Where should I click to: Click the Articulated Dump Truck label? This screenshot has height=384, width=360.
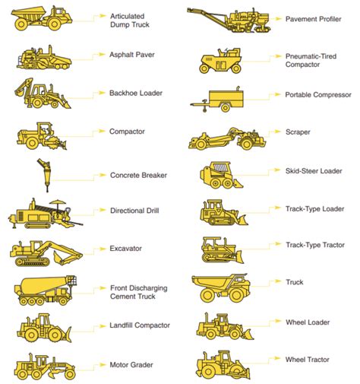click(131, 20)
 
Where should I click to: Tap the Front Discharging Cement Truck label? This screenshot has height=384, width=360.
click(139, 294)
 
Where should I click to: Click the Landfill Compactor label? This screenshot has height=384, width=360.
click(140, 325)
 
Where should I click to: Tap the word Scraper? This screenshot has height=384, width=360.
click(298, 132)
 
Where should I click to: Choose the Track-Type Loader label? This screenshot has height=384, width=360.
click(315, 208)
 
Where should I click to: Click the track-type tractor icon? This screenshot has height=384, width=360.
click(221, 249)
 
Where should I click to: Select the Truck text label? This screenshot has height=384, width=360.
click(294, 282)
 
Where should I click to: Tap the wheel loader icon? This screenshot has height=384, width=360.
click(222, 326)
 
